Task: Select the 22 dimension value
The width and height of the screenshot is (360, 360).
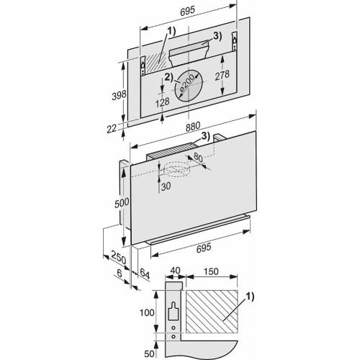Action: pyautogui.click(x=112, y=127)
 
